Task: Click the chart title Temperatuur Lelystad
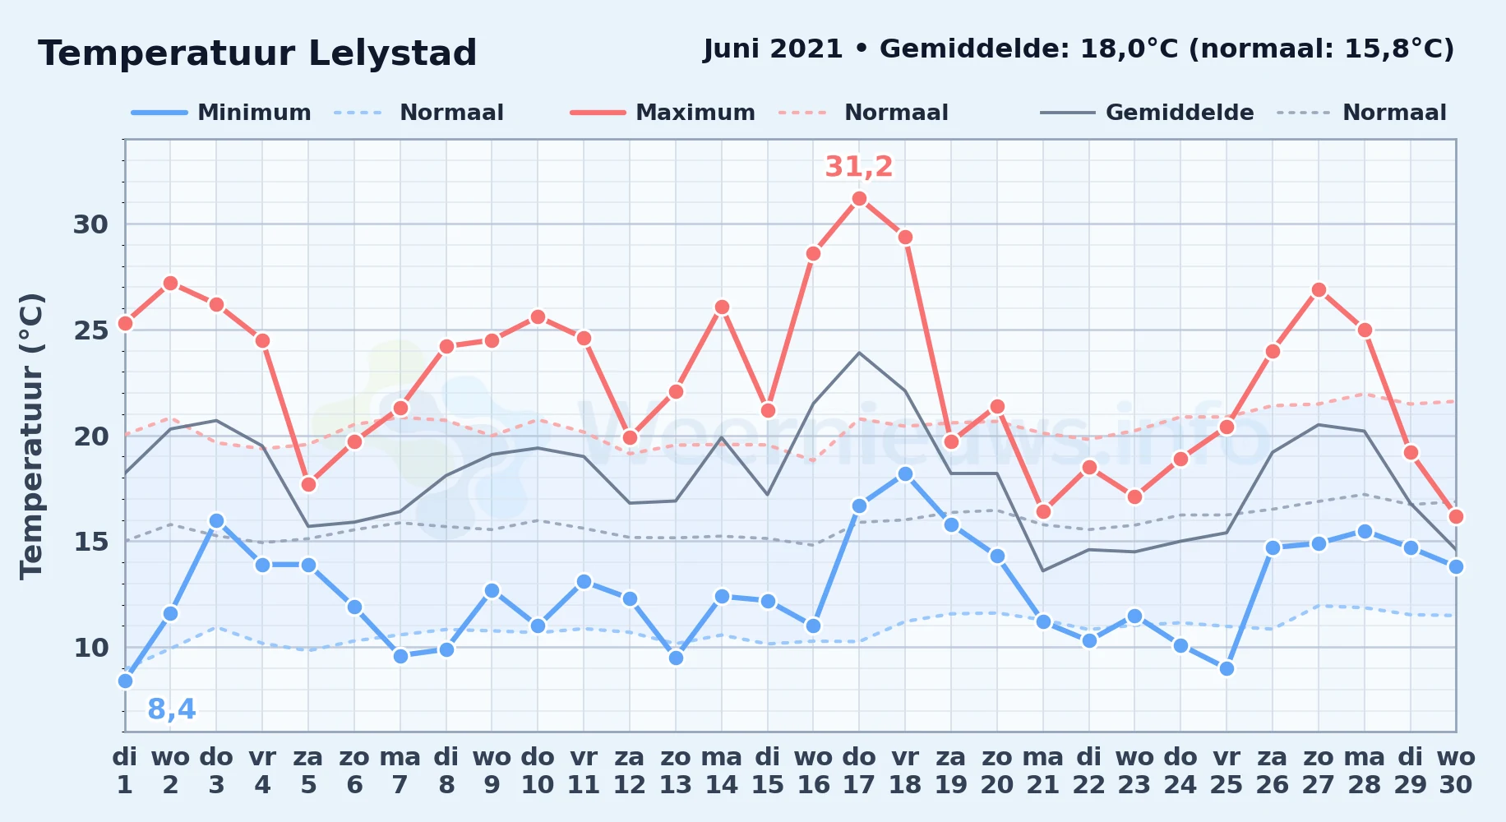257,53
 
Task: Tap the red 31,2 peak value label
859,167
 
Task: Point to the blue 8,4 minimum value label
172,709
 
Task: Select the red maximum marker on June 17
859,198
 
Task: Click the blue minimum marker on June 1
125,681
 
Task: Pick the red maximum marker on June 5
308,484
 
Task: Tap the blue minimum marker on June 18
905,473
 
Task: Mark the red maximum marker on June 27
1319,289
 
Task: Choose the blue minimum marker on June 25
1227,668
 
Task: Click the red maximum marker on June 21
1043,511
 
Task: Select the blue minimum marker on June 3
216,520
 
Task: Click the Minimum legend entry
221,113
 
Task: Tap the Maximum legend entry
663,113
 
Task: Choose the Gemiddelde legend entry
1148,113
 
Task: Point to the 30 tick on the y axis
90,224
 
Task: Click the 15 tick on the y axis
90,542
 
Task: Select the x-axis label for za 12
630,771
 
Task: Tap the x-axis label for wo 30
1456,771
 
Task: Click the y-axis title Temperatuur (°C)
31,436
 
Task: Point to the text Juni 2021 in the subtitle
774,49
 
